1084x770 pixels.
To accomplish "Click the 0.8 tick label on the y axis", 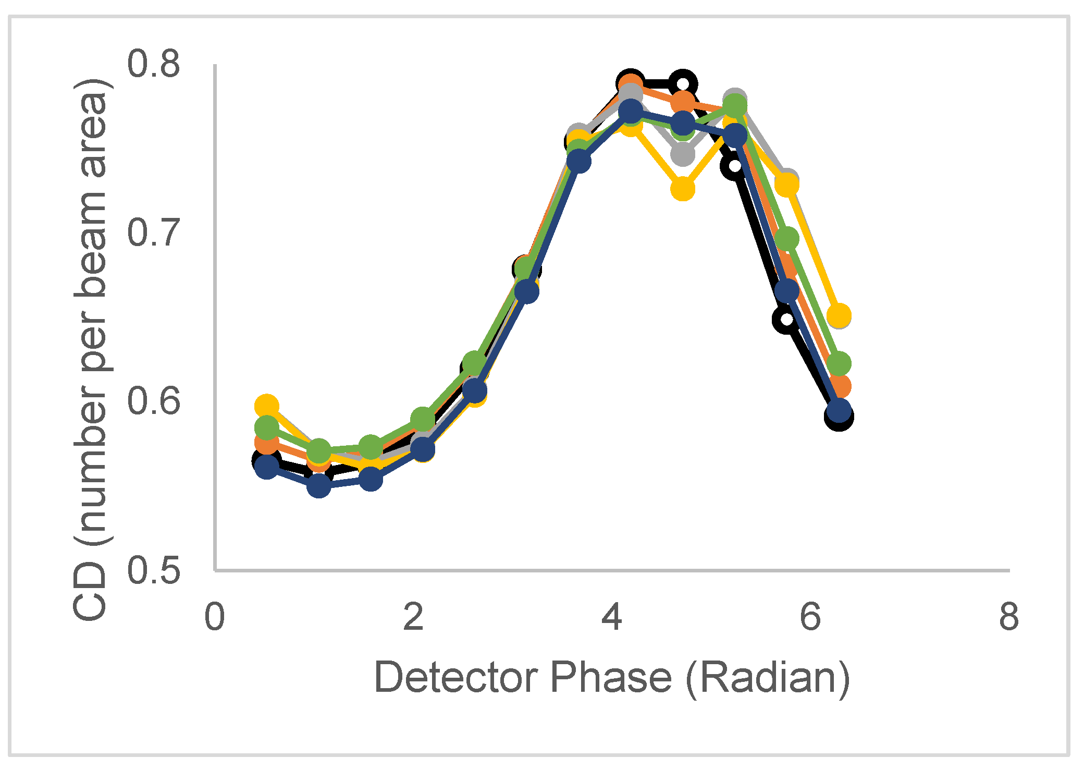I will (154, 65).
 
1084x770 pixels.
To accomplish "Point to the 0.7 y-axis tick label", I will (154, 233).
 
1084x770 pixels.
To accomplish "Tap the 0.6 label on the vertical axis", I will (154, 401).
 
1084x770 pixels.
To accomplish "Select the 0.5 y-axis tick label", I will (154, 570).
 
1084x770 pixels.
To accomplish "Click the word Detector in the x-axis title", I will (457, 678).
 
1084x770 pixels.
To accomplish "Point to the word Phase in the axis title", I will (611, 678).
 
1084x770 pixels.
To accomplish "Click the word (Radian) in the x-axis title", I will (767, 678).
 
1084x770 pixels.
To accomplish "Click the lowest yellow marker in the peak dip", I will (683, 188).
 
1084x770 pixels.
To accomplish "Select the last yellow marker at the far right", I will (839, 315).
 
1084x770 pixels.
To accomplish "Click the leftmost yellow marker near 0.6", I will (267, 406).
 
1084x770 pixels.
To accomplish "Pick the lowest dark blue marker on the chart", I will (319, 486).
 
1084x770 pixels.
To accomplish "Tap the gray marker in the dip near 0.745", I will (683, 154).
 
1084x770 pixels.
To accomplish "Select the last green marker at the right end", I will (839, 363).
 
